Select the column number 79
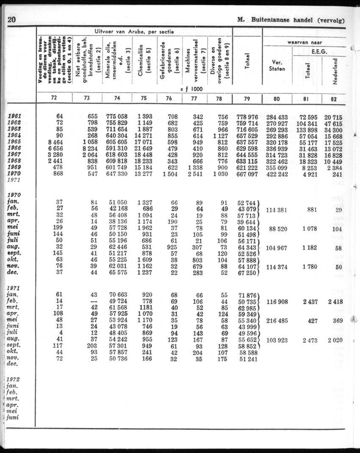coord(247,98)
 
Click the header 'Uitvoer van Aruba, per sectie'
coord(134,31)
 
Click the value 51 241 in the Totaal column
coord(247,358)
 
